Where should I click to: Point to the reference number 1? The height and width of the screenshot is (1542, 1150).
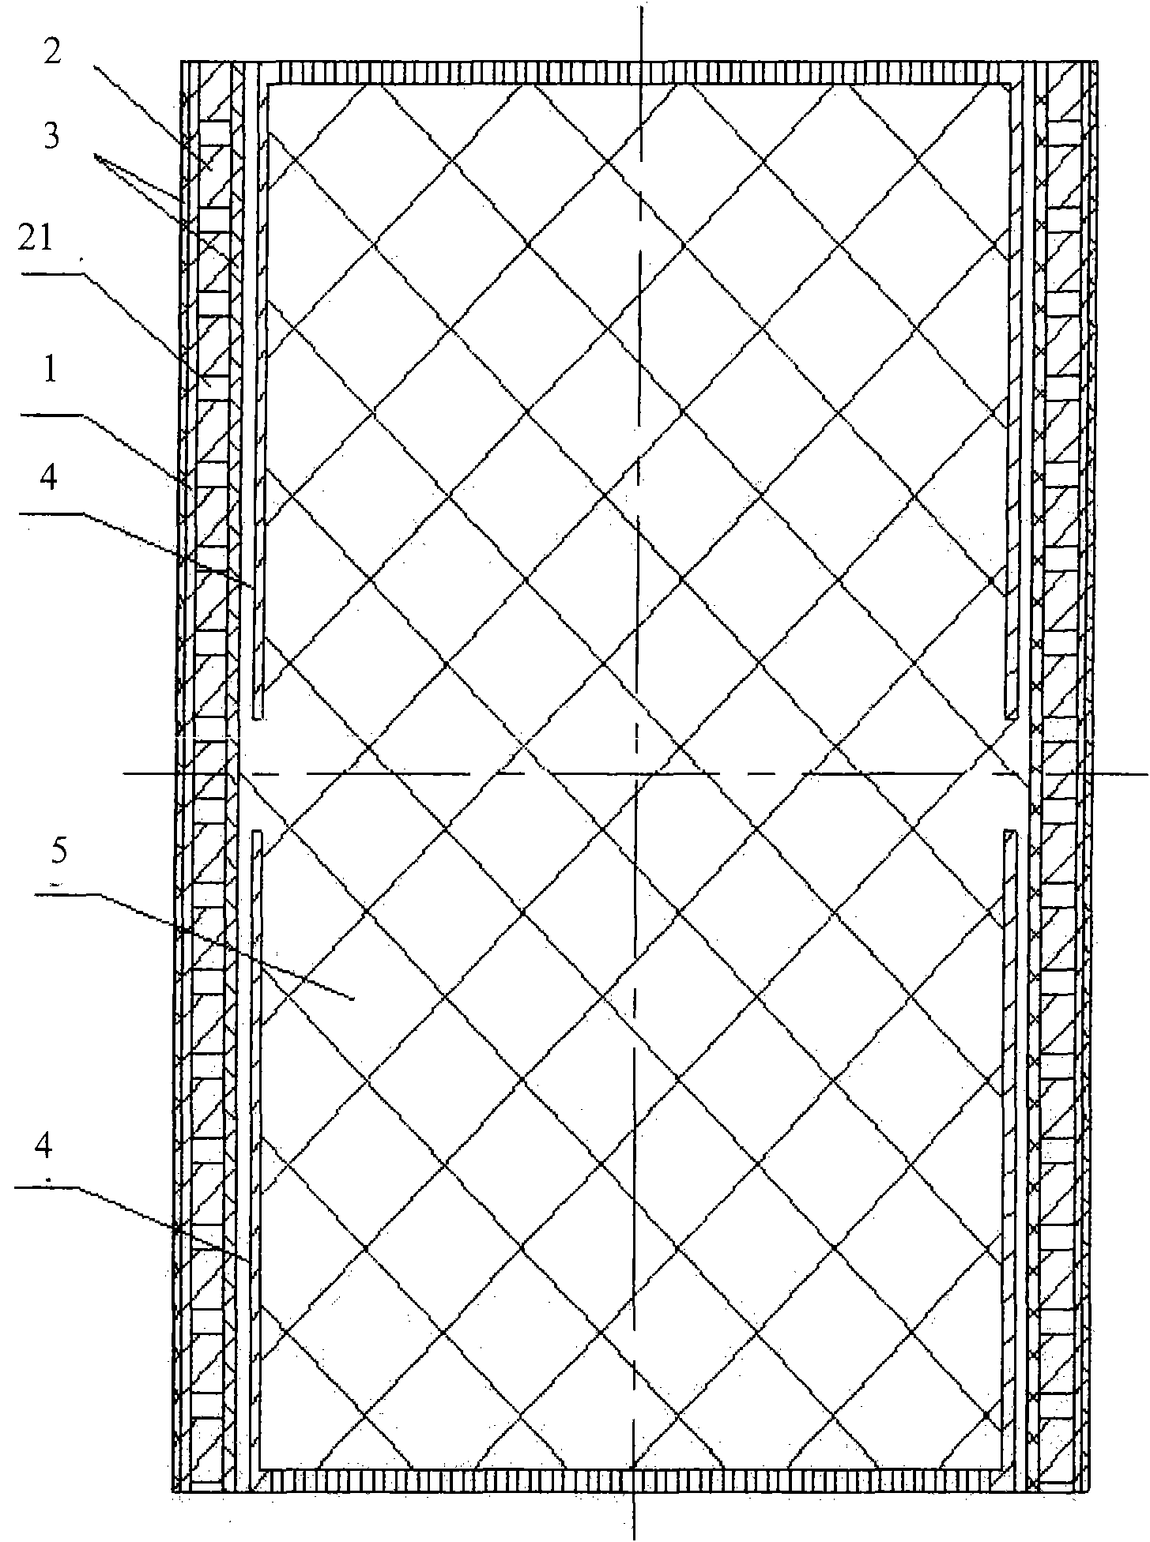51,372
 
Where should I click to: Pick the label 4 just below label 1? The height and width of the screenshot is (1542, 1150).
48,479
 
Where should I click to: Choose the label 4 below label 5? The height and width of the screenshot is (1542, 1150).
45,1147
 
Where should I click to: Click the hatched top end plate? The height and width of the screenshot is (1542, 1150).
640,73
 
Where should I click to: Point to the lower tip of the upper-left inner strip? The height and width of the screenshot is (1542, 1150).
258,716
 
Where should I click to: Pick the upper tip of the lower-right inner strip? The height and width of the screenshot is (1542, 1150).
1009,831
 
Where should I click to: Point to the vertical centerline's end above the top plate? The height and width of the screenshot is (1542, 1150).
641,8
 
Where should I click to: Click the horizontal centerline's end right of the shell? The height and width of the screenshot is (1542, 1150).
1145,773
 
